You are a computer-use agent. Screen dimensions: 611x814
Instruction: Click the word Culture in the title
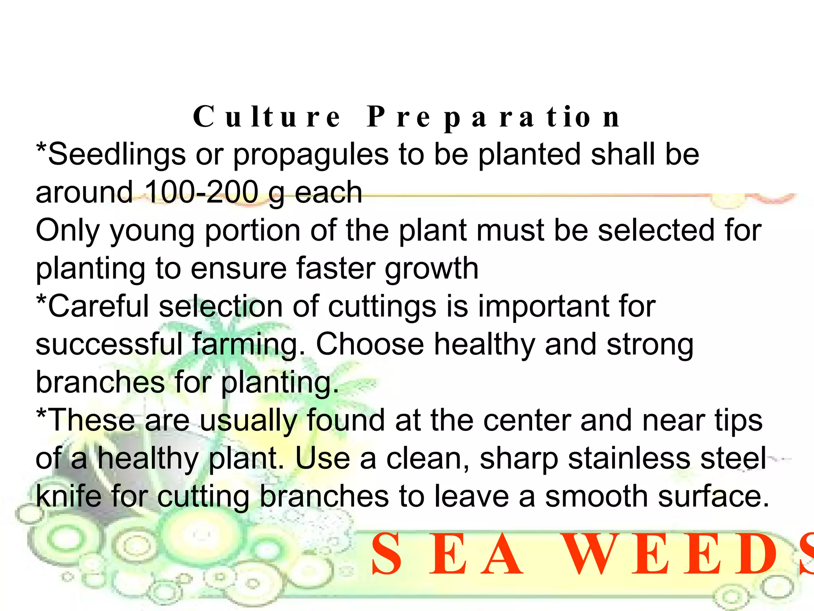click(x=267, y=117)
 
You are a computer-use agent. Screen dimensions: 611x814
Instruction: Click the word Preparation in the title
click(x=493, y=117)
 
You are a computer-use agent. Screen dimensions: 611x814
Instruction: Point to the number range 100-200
click(x=202, y=192)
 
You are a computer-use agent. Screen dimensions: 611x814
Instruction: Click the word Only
click(x=68, y=231)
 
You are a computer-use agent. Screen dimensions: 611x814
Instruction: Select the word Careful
click(x=99, y=306)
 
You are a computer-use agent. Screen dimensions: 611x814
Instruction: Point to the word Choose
click(x=370, y=344)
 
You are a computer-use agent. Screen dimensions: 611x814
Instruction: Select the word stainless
click(x=629, y=458)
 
